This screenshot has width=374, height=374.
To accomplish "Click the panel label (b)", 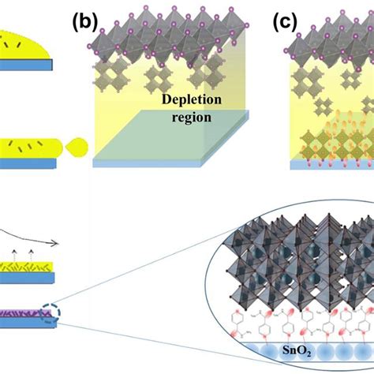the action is coord(85,23).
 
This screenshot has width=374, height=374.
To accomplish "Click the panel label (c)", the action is coord(285,23).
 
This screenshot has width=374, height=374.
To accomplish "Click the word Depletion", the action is coord(192,100).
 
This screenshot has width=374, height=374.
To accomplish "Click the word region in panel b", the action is coord(192,118).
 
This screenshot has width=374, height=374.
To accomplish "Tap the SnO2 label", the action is coord(297,350).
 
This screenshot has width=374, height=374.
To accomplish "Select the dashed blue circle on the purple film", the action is coord(50,313).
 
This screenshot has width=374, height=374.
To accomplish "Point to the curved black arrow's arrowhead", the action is coord(54,244).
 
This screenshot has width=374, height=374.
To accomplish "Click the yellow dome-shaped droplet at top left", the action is coord(24,45).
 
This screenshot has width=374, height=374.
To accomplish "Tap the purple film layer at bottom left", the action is coord(25,313).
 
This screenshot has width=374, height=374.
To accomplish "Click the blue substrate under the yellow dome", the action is coord(26,65).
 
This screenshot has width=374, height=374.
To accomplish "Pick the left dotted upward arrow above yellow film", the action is coord(14,256).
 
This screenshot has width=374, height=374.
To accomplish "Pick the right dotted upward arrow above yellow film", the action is coord(31,256).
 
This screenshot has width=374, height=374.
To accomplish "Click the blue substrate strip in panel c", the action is coord(332,165).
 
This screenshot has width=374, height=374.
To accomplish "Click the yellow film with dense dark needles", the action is coord(26,267).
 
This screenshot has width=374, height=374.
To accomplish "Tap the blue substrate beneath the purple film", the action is coord(28,323).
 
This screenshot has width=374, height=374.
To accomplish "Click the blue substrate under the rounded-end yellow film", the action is coord(28,163).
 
